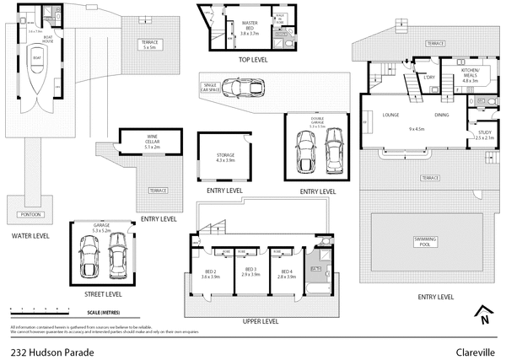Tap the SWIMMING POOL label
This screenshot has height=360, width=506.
point(426,242)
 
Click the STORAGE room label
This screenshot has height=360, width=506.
point(225,157)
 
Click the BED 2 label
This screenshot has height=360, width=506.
point(209,273)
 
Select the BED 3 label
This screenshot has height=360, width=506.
point(250,273)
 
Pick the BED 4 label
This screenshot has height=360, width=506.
point(286,273)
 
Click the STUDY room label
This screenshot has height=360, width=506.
point(484,134)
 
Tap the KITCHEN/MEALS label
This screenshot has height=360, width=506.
point(470,74)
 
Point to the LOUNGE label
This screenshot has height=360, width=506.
point(390,115)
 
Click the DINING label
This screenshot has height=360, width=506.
point(442,115)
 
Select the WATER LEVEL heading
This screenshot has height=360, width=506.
point(30,236)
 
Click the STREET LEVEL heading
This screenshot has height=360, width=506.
point(103,294)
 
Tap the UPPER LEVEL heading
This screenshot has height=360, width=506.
point(260,321)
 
